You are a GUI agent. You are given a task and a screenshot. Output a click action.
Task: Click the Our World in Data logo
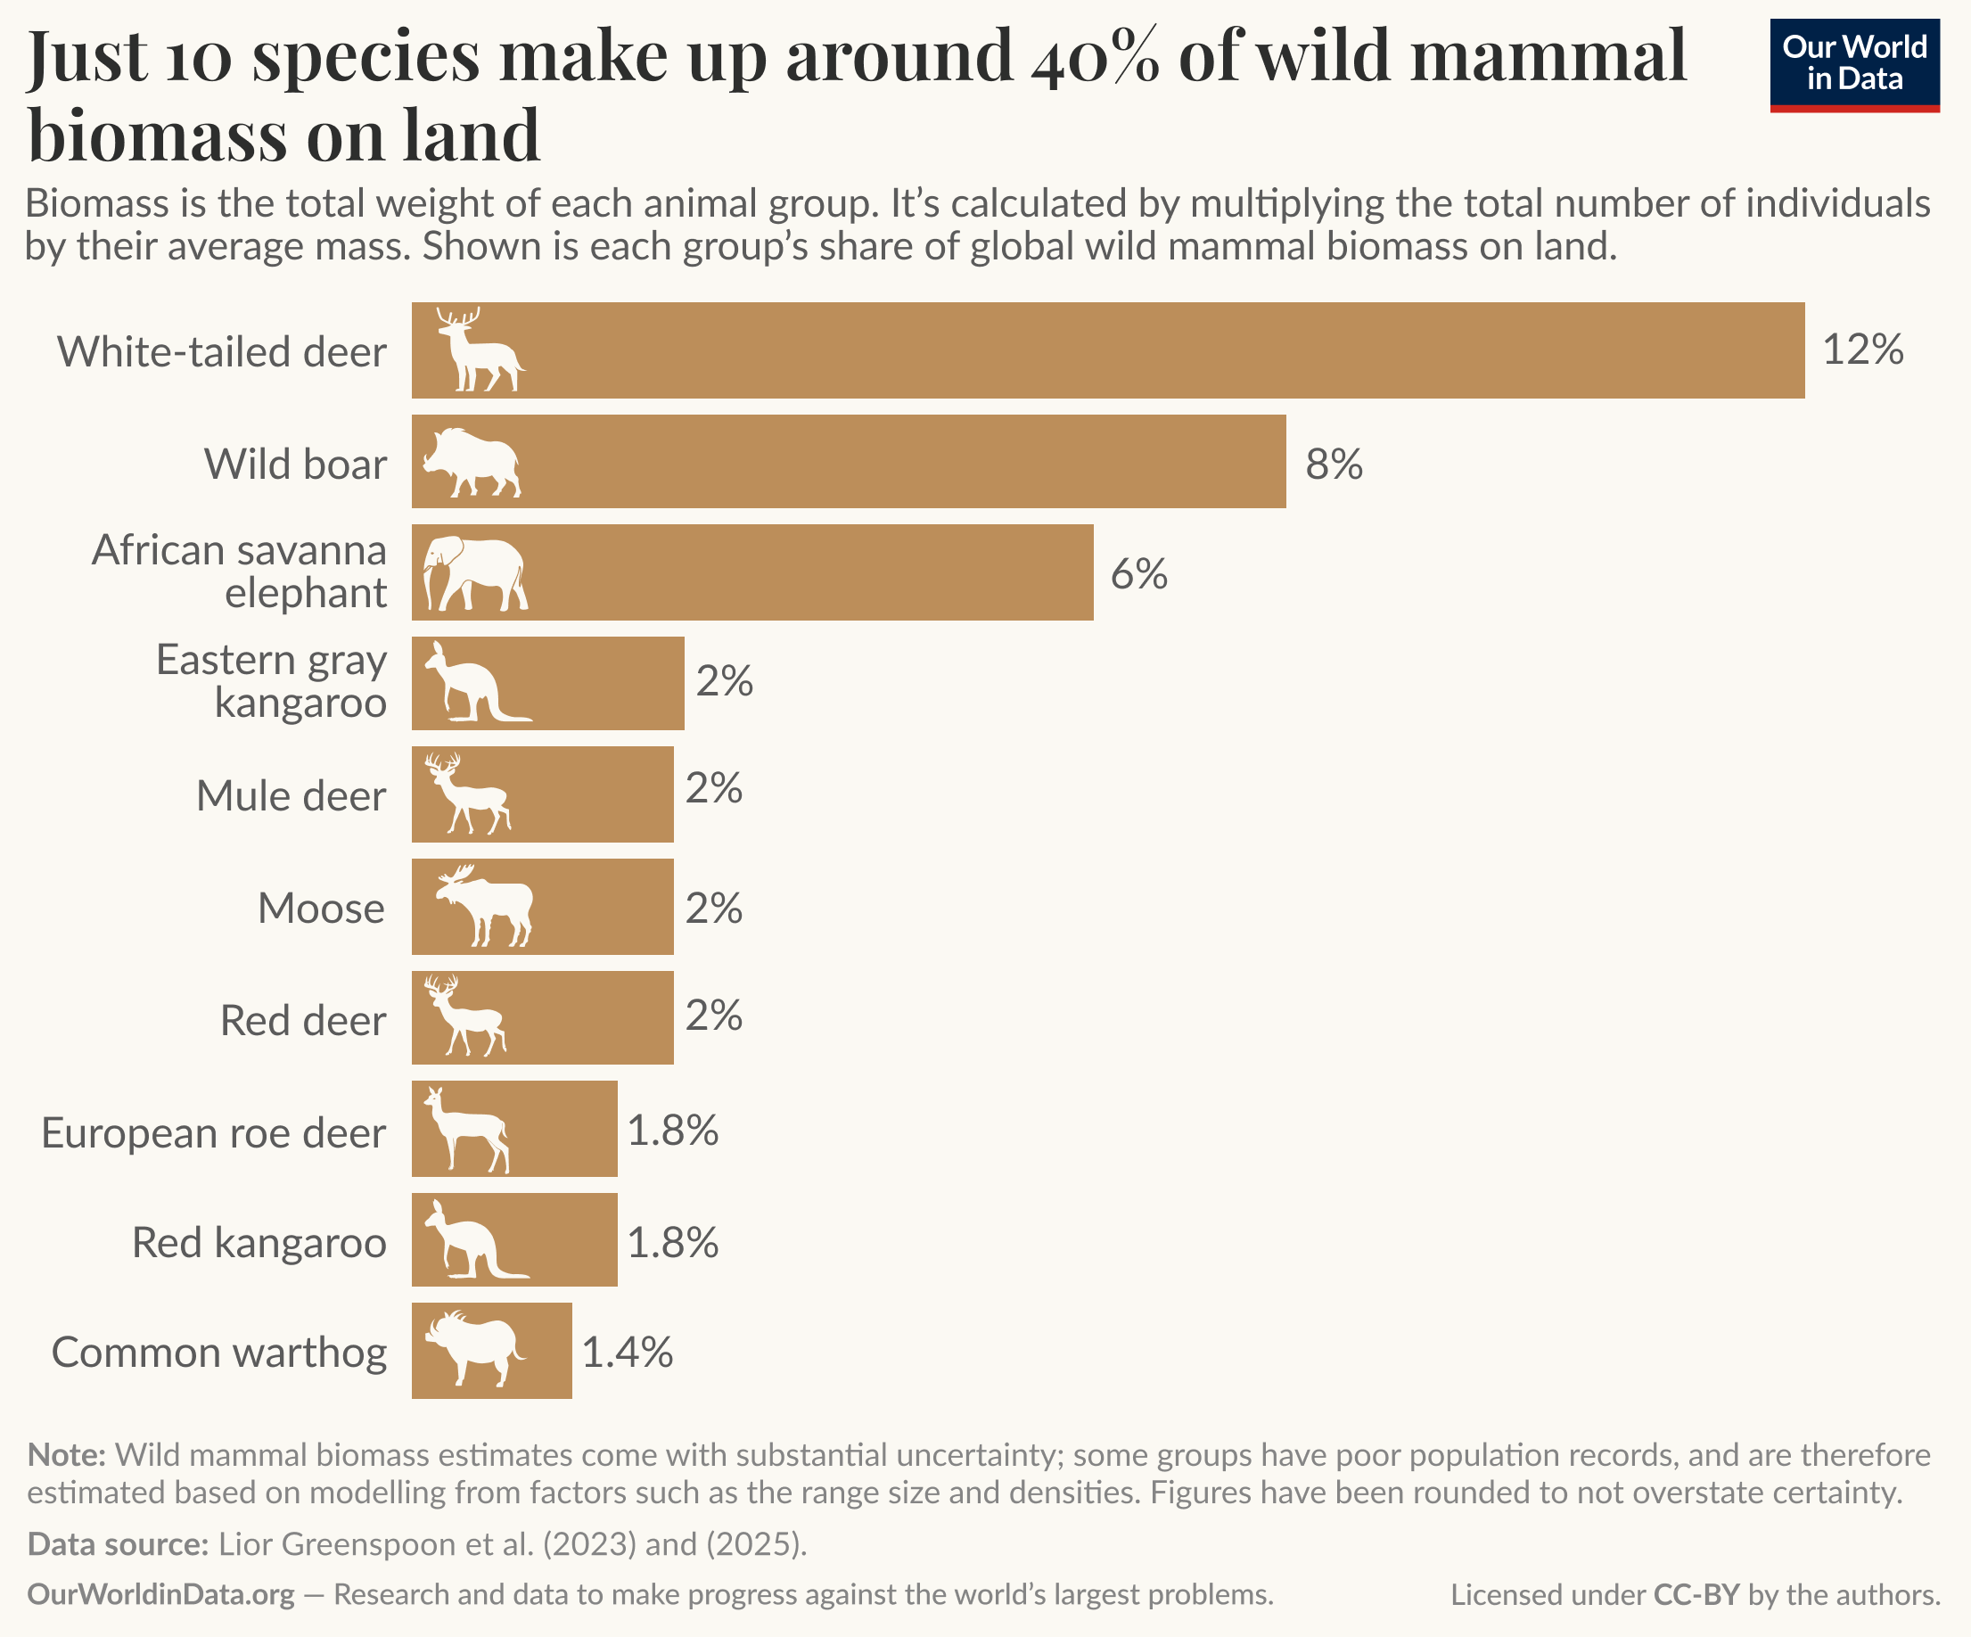pos(1853,65)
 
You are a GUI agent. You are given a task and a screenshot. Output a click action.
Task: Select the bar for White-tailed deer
pos(1107,350)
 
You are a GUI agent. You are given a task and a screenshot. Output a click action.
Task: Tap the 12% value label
pos(1862,350)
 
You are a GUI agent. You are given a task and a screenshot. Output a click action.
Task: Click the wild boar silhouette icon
pos(472,463)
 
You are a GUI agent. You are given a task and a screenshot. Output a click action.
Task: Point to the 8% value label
pos(1334,465)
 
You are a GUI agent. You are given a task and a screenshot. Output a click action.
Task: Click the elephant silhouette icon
pos(474,573)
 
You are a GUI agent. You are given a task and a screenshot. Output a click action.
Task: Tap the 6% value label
pos(1138,573)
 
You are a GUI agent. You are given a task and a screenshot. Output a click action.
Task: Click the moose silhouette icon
pos(484,906)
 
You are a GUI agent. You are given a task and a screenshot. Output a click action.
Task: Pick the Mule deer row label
pos(290,796)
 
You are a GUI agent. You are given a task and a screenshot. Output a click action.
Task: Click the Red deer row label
pos(302,1020)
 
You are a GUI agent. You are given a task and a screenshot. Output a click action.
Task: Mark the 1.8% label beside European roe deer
pos(672,1131)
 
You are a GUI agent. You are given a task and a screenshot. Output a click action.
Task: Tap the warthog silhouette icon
pos(473,1349)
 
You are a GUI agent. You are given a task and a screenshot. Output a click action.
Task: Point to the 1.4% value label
pos(627,1353)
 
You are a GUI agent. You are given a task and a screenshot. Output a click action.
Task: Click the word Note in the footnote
pos(66,1455)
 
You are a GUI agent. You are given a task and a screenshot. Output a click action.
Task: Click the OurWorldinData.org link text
pos(160,1595)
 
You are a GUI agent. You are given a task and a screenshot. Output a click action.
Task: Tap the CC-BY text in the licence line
pos(1696,1595)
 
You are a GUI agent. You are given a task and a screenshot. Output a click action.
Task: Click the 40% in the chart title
pos(1094,56)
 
